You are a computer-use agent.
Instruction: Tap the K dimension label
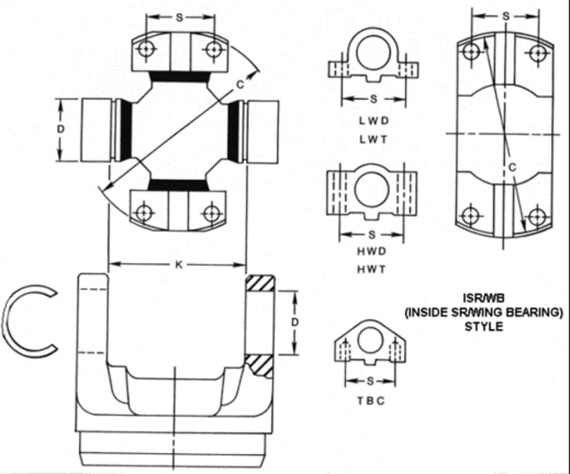point(178,265)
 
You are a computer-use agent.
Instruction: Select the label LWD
point(374,121)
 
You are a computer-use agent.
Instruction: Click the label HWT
point(372,269)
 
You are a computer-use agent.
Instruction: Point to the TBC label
point(371,401)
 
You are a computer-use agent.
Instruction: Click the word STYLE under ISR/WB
point(484,326)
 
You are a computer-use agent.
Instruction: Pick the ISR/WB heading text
point(483,297)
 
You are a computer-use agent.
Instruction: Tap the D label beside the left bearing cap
point(60,129)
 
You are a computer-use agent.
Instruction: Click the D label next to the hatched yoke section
point(295,322)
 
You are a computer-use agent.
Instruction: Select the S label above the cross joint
point(180,17)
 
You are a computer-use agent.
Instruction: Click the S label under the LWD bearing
point(374,99)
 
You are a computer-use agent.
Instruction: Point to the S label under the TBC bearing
point(370,381)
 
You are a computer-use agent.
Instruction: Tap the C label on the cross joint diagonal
point(240,85)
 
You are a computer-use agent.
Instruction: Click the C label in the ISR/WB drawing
point(512,167)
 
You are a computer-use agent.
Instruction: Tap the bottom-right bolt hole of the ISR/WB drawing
point(537,217)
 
